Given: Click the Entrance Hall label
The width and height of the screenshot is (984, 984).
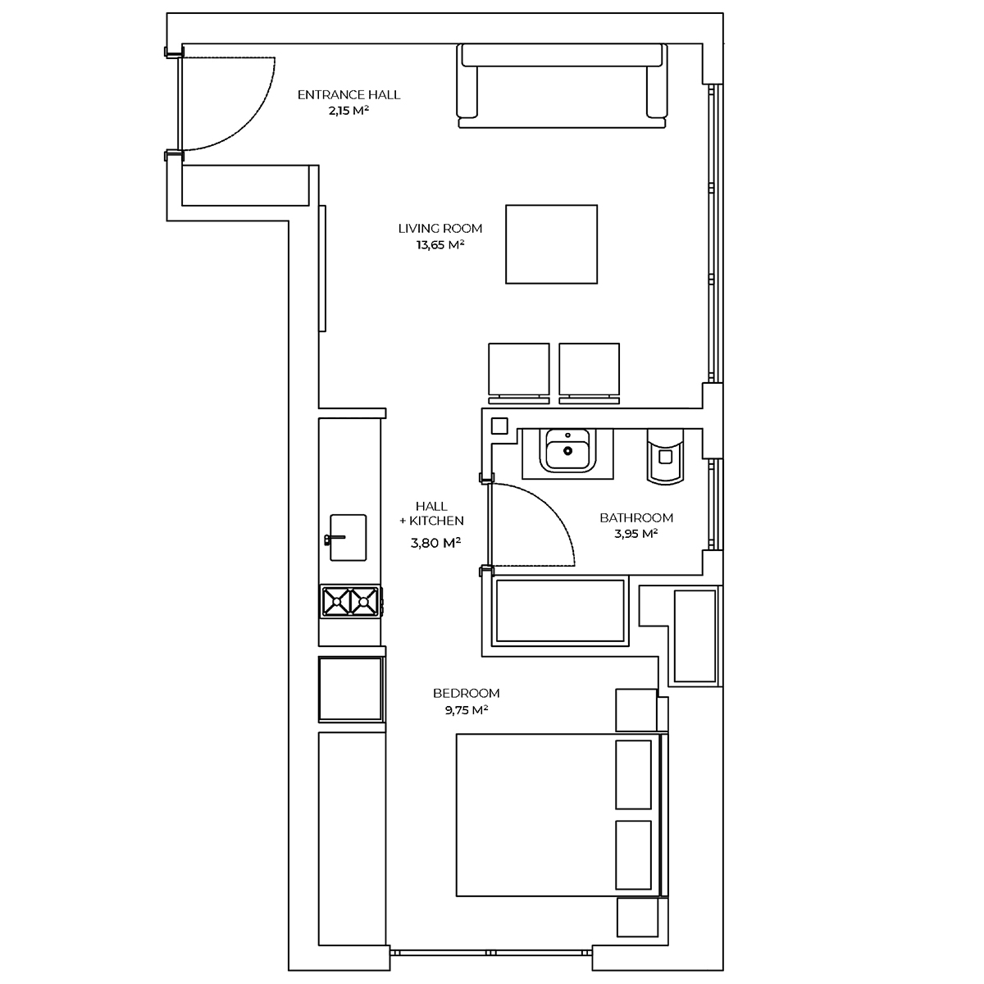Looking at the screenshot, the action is point(348,95).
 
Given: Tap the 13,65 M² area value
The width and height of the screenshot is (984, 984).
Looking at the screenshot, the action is point(440,244).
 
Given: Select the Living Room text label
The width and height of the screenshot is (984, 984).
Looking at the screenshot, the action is point(440,228).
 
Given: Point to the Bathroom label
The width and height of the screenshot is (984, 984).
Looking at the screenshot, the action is point(636,517).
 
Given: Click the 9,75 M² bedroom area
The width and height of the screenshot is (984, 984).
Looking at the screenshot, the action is point(467,710).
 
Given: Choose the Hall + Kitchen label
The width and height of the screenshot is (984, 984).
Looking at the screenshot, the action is point(431,513).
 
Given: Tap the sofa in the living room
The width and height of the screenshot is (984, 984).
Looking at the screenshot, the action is point(563,86).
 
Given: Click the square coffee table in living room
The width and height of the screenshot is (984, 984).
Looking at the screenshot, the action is point(552,244).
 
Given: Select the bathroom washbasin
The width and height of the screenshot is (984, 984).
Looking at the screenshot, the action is point(567,450).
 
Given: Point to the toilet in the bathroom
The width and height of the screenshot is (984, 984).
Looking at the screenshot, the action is point(665,456).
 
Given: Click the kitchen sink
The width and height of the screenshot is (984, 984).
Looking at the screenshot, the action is point(348,538).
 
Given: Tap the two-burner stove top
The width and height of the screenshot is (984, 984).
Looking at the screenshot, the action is point(350,602).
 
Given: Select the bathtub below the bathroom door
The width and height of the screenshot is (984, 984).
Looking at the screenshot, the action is point(560,611).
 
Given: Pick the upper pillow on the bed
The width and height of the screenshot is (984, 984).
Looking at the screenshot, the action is point(633,775).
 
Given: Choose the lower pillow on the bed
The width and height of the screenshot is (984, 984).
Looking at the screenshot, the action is point(633,854).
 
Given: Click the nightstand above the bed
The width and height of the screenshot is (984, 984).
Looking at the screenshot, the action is point(636,710).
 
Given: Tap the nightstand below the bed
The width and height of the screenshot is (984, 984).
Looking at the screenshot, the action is point(637,917).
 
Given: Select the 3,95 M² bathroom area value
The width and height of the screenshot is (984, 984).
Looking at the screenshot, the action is point(636,534).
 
